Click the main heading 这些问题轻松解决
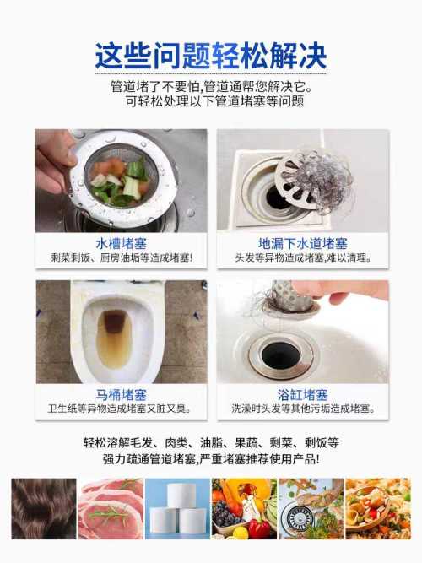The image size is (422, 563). pos(211,56)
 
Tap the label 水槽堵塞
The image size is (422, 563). pos(121,244)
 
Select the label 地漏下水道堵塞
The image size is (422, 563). pos(303,244)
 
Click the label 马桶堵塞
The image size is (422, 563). pos(121,395)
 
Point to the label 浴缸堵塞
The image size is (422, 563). pos(303,395)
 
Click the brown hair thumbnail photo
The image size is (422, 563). pos(44,508)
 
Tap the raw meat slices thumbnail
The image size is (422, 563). pos(111,508)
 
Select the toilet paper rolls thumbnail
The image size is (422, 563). pos(178,508)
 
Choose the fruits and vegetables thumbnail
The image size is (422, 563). pos(244,508)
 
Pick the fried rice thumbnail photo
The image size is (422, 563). pos(378,508)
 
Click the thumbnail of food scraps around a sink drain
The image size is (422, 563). pos(311,508)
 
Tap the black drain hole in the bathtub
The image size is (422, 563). pos(280,355)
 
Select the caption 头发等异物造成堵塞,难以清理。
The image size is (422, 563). pos(303,257)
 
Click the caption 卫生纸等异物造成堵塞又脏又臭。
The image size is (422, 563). pos(119,409)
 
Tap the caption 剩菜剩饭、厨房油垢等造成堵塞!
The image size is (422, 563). pos(121,257)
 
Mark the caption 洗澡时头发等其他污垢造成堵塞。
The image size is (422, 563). pos(303,409)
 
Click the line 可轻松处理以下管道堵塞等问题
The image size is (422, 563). pos(214,101)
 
